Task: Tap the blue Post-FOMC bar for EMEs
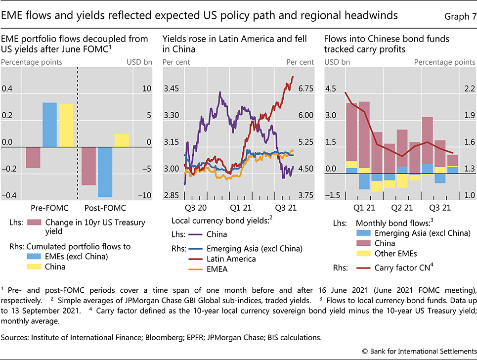coord(105,172)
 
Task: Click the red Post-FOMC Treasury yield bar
coord(89,166)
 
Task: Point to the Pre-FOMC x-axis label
coord(49,208)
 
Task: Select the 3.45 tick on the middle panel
coord(171,89)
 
